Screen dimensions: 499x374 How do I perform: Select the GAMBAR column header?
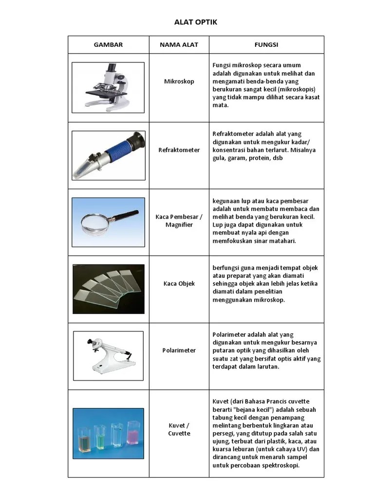(x=108, y=45)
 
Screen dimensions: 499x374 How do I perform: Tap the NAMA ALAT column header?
(x=179, y=45)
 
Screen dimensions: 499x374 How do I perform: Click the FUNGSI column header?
(x=266, y=45)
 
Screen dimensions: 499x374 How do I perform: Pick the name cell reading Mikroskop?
(x=179, y=81)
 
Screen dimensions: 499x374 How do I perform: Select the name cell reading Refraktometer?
(x=179, y=150)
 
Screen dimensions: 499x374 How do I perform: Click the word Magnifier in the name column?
(x=179, y=225)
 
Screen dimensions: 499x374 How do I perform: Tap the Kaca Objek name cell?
(x=179, y=284)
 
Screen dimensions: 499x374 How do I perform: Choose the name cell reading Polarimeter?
(x=179, y=350)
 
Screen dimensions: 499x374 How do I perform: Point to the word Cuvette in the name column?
(x=179, y=434)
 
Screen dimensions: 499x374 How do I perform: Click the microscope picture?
(x=108, y=85)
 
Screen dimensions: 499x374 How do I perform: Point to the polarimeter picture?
(x=108, y=355)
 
